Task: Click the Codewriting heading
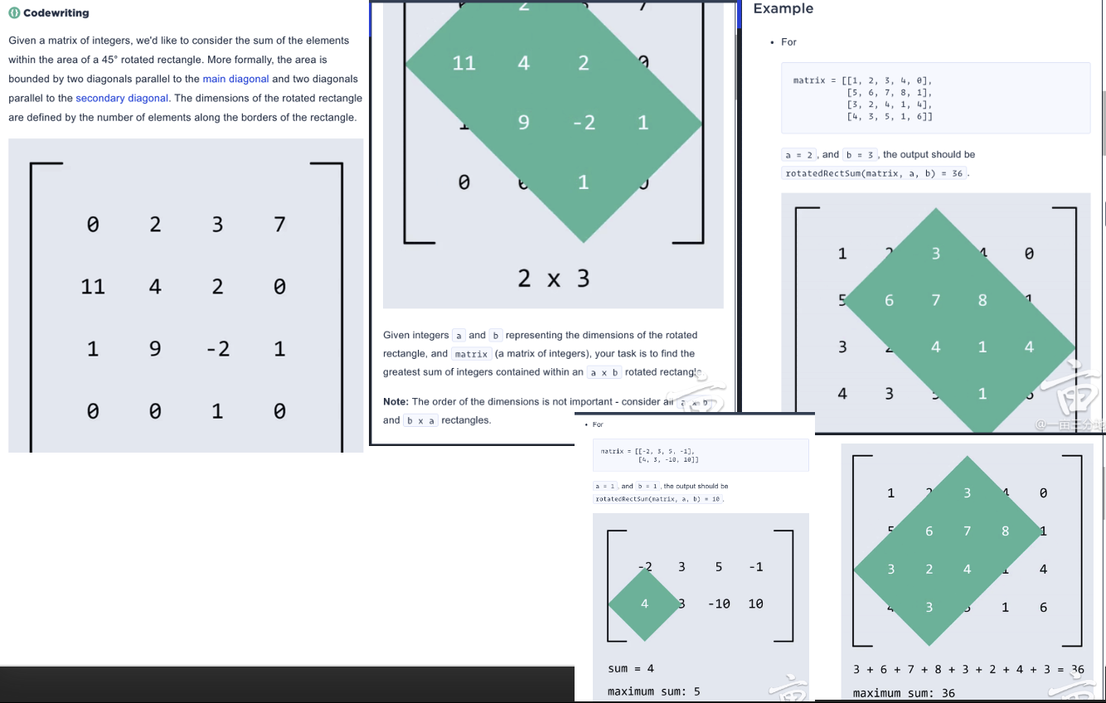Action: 55,13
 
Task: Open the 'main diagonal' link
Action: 235,79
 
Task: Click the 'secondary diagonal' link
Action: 122,98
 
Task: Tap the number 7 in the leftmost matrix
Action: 279,224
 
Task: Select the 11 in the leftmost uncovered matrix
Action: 93,287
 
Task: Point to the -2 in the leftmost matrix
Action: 217,349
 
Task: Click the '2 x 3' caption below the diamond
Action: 553,279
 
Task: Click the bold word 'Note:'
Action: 395,401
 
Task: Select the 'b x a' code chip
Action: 420,420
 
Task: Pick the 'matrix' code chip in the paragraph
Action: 471,354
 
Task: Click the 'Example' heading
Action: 783,8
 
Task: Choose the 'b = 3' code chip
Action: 860,155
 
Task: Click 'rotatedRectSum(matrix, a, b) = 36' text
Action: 874,173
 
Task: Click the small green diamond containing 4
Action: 644,604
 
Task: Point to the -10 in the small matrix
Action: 719,604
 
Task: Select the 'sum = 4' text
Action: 631,668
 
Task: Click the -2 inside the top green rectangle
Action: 584,123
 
